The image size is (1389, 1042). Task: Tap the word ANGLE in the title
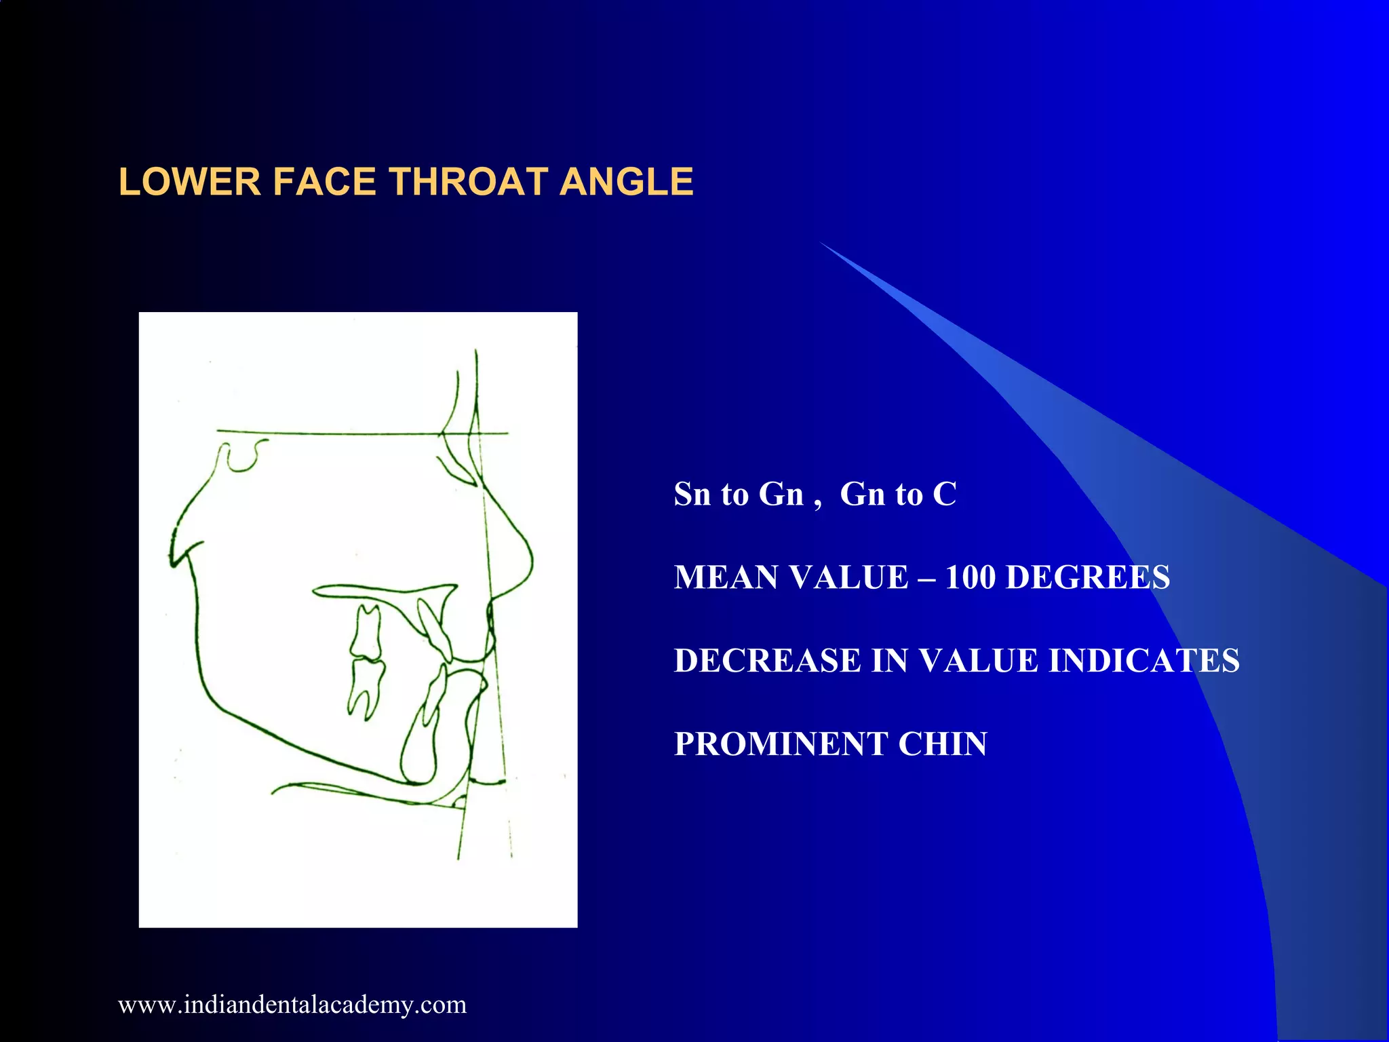coord(626,182)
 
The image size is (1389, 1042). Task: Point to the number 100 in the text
coord(970,577)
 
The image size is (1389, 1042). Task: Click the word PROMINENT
coord(781,744)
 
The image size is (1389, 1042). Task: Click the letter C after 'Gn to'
coord(945,494)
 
